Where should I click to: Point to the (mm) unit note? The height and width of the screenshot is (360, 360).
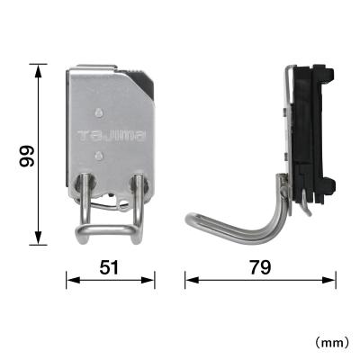click(x=333, y=343)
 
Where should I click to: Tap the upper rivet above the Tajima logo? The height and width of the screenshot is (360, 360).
click(x=97, y=112)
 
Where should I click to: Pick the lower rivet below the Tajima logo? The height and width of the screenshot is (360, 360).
click(x=97, y=156)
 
